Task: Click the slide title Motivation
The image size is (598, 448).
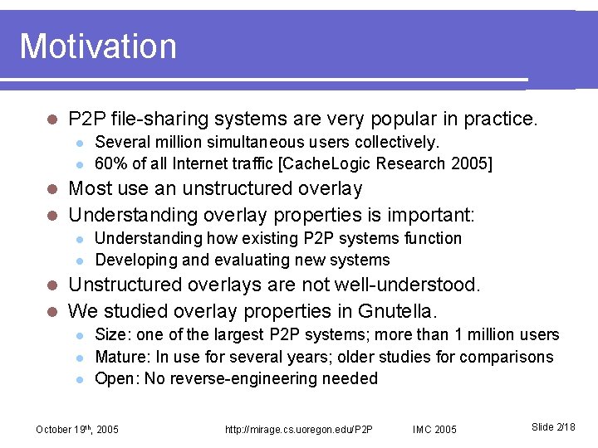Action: coord(98,46)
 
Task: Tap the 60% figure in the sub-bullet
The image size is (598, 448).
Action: coord(110,163)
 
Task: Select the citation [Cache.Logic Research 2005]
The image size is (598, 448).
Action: coord(389,163)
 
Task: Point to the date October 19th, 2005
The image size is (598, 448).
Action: coord(77,429)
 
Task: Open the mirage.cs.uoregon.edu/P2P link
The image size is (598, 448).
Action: coord(299,429)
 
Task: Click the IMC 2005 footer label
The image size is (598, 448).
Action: coord(434,429)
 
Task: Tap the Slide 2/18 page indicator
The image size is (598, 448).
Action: coord(553,426)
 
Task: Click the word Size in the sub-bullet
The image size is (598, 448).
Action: coord(110,335)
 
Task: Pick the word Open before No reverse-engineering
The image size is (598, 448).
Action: coord(115,378)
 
